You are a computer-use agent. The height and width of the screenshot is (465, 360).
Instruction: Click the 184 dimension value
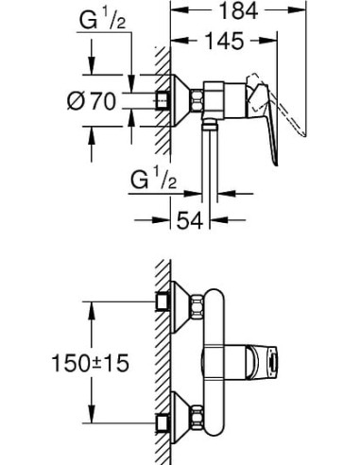tap(238, 10)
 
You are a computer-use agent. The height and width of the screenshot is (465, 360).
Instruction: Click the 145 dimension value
tap(224, 41)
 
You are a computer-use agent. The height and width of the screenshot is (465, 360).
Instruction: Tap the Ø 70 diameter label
tap(92, 101)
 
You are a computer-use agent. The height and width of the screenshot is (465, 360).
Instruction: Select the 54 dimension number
tap(189, 220)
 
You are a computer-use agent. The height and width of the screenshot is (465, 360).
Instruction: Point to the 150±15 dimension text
tap(90, 363)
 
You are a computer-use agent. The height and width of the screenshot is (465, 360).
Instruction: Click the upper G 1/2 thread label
tap(102, 21)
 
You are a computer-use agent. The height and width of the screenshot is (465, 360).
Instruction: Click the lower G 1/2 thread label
tap(153, 180)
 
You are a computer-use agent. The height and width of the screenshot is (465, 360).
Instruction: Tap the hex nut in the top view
tap(197, 100)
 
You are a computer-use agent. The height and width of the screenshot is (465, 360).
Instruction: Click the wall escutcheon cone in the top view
tap(180, 101)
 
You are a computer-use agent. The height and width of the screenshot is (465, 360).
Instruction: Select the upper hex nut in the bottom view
tap(197, 307)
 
